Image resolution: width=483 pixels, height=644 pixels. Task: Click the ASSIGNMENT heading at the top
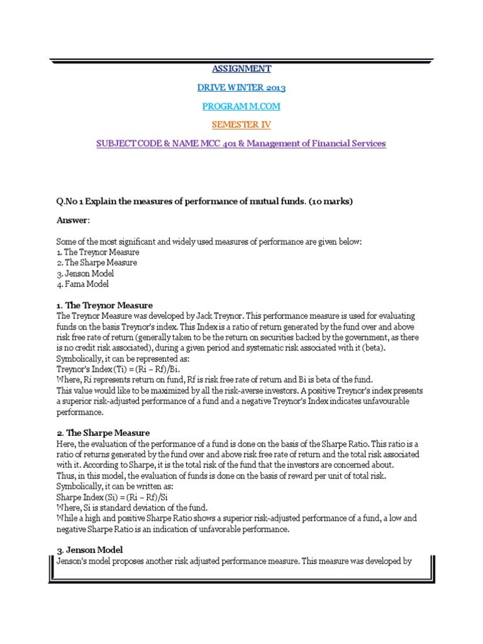[x=241, y=69]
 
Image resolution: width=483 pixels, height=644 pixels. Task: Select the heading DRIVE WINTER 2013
[x=241, y=87]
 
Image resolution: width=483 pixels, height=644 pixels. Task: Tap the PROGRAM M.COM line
[x=241, y=106]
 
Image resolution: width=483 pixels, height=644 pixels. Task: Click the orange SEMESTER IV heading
[x=241, y=125]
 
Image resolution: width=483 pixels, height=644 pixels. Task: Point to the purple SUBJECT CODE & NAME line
[x=241, y=144]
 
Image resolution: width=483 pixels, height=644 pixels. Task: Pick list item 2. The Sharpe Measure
[x=97, y=262]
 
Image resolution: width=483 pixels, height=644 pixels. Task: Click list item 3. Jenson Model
[x=86, y=274]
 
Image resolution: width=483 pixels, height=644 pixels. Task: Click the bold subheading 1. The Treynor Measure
[x=104, y=306]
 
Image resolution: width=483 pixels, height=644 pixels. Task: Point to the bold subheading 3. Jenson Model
[x=91, y=550]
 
